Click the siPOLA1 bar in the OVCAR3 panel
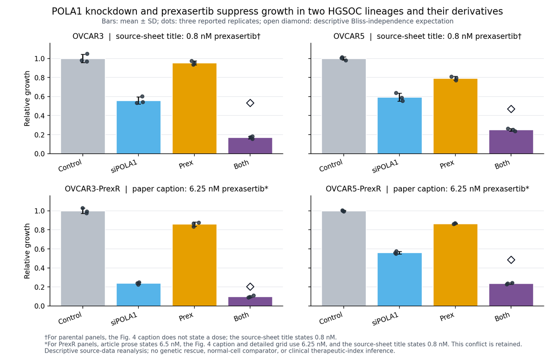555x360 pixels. tap(138, 127)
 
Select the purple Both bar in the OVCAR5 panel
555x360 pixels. tap(511, 142)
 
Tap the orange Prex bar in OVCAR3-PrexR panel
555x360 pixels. tap(195, 265)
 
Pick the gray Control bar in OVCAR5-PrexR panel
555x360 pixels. tap(344, 259)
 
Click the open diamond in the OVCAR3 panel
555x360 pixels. tap(250, 103)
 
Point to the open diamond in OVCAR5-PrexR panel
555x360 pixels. tap(511, 260)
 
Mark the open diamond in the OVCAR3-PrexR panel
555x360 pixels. tap(250, 286)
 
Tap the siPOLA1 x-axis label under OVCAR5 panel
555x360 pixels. tap(385, 166)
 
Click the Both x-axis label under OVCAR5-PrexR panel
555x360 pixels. tap(502, 317)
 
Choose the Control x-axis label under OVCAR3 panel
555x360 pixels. tap(70, 165)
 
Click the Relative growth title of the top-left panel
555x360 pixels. tap(27, 99)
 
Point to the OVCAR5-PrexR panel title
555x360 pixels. tap(427, 189)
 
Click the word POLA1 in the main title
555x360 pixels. tap(67, 12)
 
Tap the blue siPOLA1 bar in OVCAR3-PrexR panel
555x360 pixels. tap(138, 295)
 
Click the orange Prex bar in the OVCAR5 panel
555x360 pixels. tap(456, 116)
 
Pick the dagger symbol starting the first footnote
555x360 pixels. tap(46, 337)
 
